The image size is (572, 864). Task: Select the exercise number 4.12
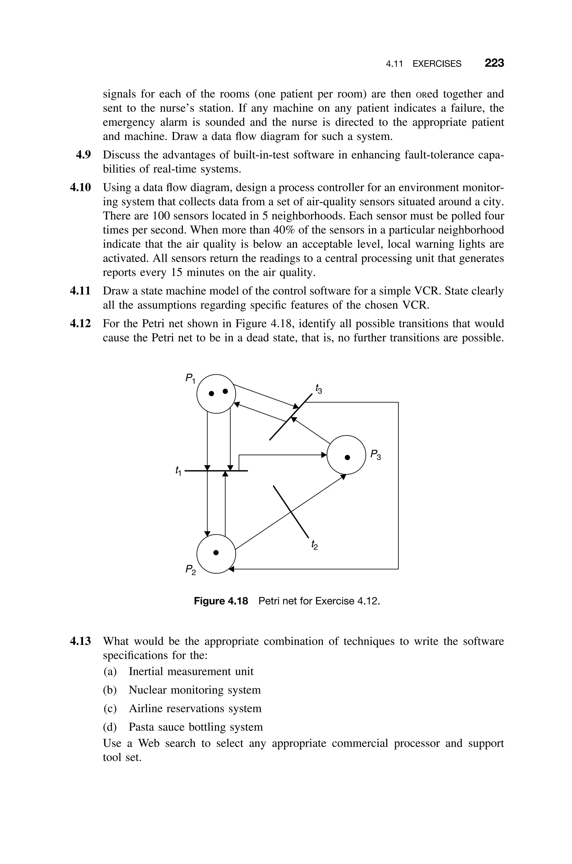pyautogui.click(x=80, y=324)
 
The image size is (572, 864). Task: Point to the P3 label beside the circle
pyautogui.click(x=375, y=455)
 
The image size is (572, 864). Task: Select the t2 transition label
pyautogui.click(x=314, y=545)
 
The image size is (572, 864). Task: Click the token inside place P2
pyautogui.click(x=216, y=552)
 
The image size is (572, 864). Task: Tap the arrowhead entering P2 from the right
pyautogui.click(x=230, y=569)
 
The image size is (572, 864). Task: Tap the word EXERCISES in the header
pyautogui.click(x=437, y=64)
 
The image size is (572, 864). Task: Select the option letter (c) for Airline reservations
pyautogui.click(x=110, y=709)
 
